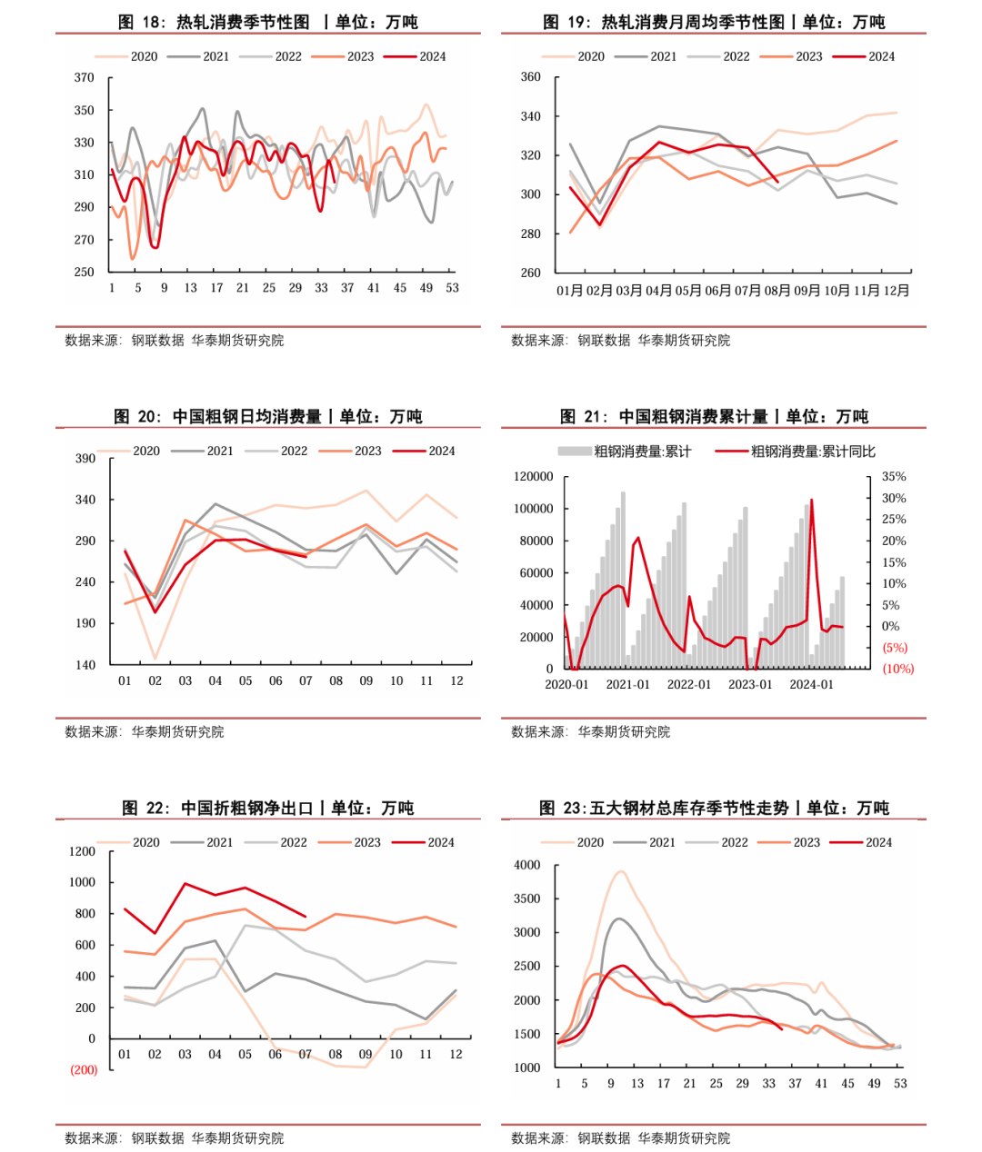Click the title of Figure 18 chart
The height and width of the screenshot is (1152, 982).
click(x=268, y=22)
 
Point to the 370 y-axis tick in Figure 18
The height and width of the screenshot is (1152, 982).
click(x=84, y=78)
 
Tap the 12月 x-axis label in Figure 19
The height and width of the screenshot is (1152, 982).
click(x=896, y=291)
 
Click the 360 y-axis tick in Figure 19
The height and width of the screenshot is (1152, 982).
click(x=530, y=77)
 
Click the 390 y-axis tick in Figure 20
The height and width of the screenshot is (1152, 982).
click(x=85, y=459)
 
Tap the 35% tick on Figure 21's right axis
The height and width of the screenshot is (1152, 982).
click(x=894, y=476)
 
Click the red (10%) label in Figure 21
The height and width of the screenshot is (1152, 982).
click(x=897, y=669)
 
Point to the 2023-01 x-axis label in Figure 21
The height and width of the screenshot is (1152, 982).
click(x=750, y=684)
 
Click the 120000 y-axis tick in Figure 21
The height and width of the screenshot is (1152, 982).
click(x=533, y=477)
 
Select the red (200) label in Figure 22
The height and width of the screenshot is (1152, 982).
click(x=84, y=1070)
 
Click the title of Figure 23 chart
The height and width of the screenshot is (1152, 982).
click(x=714, y=808)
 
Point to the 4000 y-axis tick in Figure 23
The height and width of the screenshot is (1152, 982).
click(x=527, y=865)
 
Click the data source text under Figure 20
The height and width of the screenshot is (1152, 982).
click(x=145, y=731)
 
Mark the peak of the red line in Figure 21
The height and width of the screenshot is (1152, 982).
click(x=811, y=500)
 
